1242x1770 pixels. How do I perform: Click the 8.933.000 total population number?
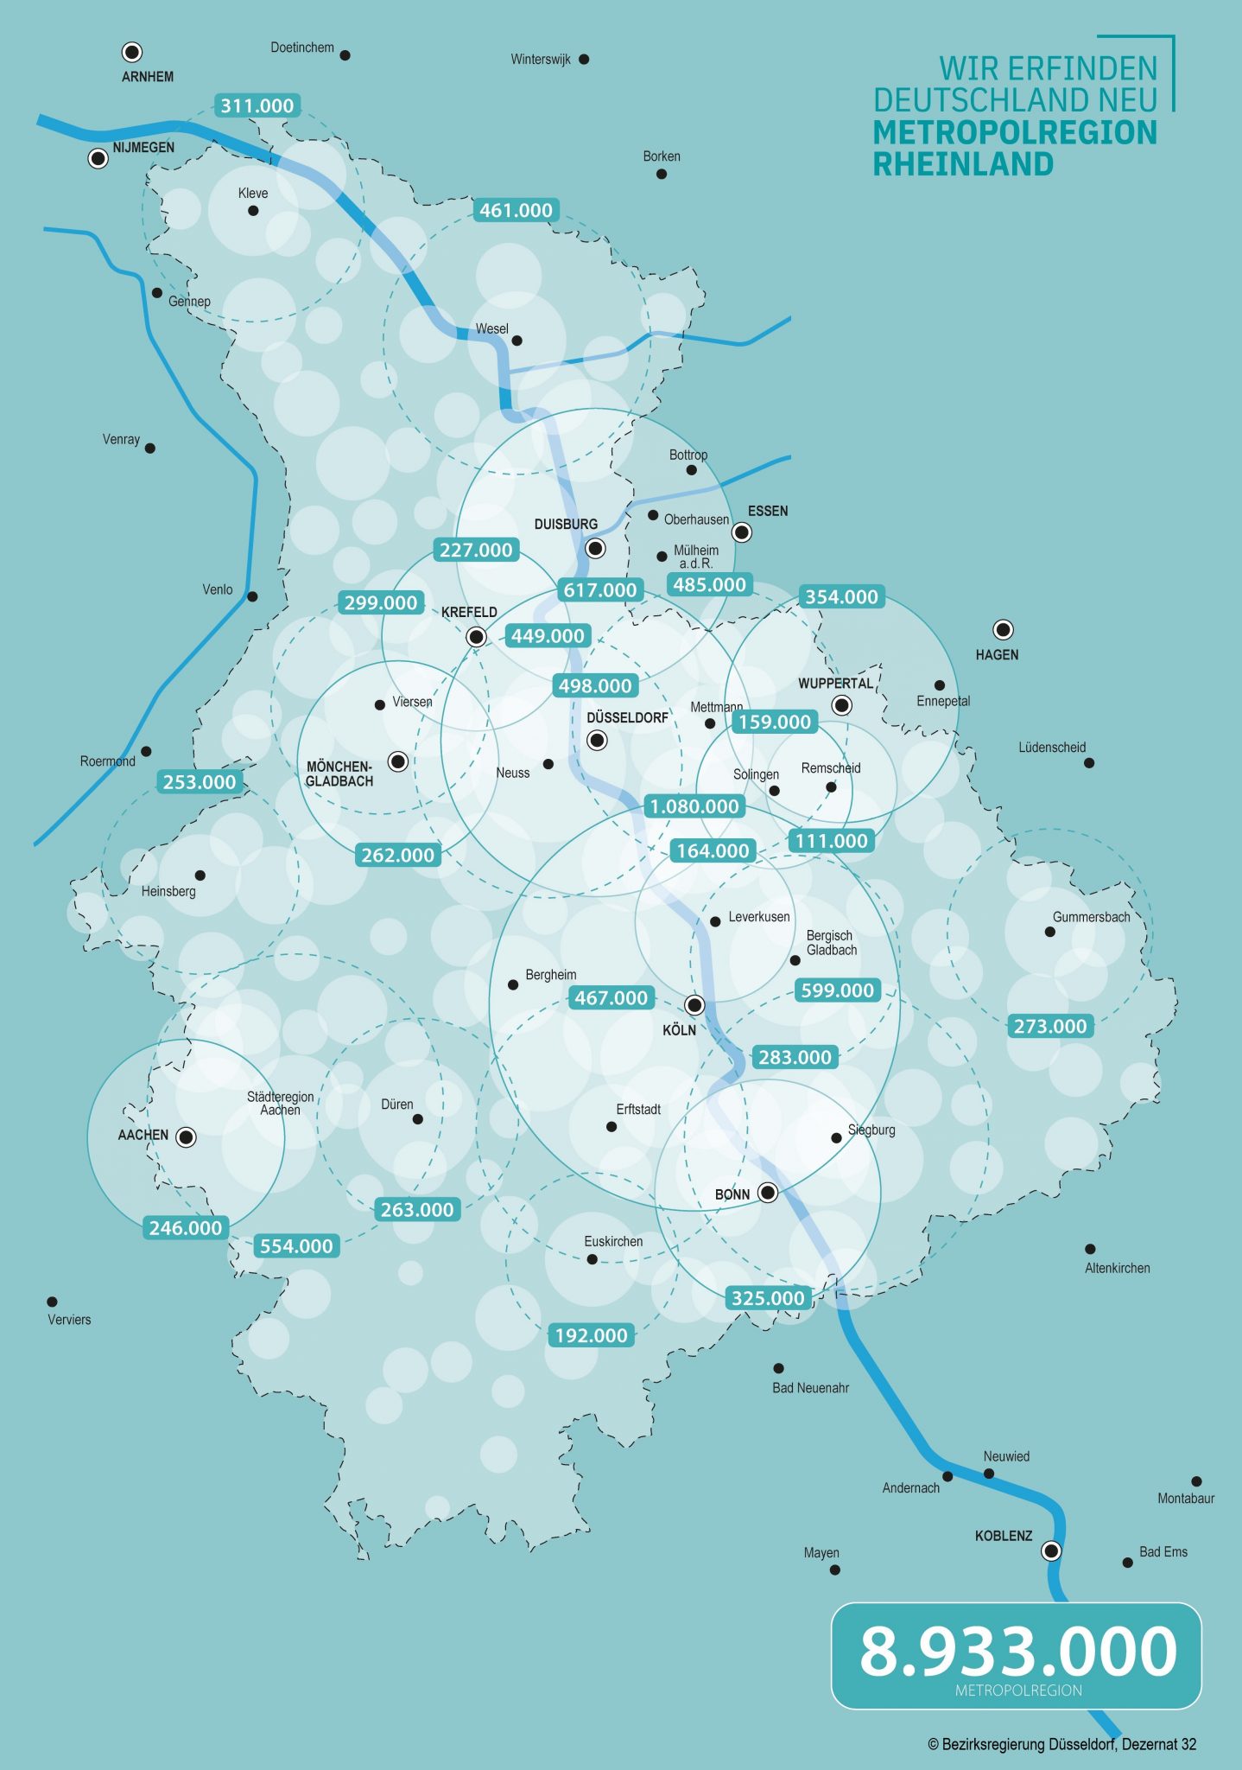coord(1017,1651)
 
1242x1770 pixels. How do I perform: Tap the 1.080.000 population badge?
coord(694,806)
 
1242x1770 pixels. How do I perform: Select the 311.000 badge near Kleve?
coord(257,105)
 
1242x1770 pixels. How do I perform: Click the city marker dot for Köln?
coord(694,1005)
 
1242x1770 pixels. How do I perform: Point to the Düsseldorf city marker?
coord(597,741)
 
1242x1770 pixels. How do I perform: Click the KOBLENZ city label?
coord(1003,1536)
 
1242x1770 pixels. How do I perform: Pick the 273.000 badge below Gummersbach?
coord(1049,1026)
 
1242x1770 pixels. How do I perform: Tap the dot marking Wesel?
coord(516,341)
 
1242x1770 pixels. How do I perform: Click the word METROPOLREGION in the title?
coord(1014,132)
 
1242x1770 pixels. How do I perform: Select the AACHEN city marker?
coord(186,1137)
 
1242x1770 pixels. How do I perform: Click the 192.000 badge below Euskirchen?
coord(591,1335)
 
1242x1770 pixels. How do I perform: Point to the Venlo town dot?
coord(252,596)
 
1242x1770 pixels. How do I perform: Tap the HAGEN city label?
coord(997,655)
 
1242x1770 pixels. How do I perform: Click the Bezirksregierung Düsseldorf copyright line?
coord(1061,1744)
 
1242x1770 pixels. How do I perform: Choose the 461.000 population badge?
coord(516,210)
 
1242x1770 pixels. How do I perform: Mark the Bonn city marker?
coord(767,1194)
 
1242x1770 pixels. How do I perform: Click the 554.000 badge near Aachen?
coord(296,1246)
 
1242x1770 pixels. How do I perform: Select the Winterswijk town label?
coord(540,60)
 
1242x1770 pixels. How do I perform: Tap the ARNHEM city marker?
coord(132,52)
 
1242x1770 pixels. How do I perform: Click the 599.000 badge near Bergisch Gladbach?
coord(837,990)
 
